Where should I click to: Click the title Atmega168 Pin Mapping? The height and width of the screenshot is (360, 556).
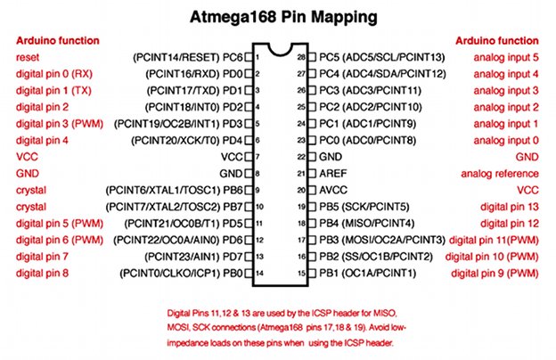pos(283,17)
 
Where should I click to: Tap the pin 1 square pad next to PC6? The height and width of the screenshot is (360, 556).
pos(249,57)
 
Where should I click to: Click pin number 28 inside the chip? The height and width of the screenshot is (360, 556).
pos(301,57)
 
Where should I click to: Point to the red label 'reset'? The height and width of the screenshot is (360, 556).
pos(28,57)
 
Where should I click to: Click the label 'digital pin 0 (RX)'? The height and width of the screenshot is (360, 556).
pos(53,74)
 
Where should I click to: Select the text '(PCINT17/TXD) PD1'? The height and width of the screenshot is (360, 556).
pos(194,90)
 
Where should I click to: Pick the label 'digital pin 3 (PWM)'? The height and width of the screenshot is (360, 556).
pos(59,124)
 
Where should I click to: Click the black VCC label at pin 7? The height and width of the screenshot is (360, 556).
pos(232,157)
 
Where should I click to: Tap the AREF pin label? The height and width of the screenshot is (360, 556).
pos(333,174)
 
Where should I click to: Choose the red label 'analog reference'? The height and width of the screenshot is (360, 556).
pos(500,174)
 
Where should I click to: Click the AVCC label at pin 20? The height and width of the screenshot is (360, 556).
pos(333,190)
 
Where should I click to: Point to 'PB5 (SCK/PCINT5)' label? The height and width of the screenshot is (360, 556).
pos(364,207)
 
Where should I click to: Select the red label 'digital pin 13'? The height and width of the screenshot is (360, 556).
pos(510,207)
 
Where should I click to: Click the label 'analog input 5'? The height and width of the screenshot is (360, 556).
pos(506,57)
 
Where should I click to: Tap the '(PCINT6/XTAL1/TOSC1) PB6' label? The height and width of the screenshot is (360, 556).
pos(174,190)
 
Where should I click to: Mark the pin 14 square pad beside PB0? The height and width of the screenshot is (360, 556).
pos(249,273)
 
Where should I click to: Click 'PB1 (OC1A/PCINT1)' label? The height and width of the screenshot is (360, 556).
pos(367,273)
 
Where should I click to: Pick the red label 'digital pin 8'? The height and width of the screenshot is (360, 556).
pos(42,273)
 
